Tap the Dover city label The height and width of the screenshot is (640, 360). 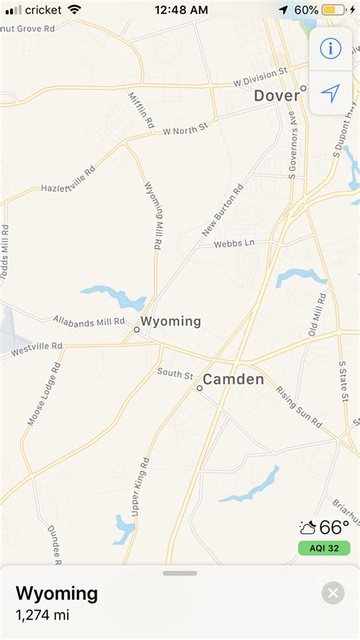point(276,96)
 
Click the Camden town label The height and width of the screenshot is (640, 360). point(233,380)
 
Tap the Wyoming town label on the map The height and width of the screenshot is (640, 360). point(171,321)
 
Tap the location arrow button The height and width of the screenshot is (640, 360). point(330,93)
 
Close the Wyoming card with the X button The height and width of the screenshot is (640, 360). point(333,592)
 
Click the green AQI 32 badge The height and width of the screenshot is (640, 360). point(324,547)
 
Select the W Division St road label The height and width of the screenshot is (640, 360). point(260,77)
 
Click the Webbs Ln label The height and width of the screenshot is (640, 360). point(233,244)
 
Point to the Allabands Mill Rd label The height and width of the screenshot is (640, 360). point(89,323)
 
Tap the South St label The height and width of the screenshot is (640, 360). point(175,373)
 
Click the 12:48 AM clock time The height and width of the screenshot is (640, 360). point(181,10)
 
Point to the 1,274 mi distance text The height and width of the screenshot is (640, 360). point(43,615)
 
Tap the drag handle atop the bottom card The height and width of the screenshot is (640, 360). point(180,573)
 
